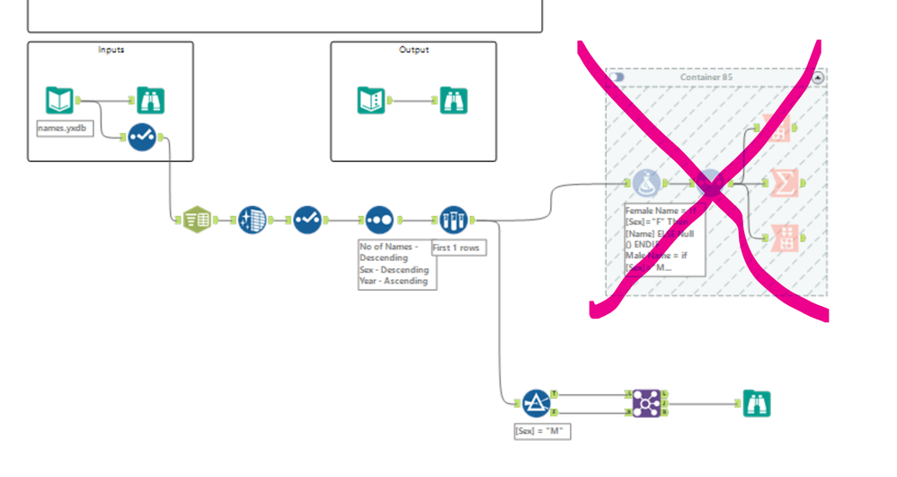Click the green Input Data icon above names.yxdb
(59, 100)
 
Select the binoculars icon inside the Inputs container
(150, 100)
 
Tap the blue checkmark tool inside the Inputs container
(142, 138)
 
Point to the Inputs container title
(111, 49)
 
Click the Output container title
(414, 49)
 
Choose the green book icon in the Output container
(371, 100)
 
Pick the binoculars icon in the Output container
(453, 100)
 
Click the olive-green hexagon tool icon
(195, 220)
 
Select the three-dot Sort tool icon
(378, 220)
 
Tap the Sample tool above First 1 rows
(453, 220)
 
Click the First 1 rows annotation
(458, 247)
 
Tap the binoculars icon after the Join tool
(756, 403)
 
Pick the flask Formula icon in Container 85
(647, 184)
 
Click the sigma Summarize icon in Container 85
(785, 184)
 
